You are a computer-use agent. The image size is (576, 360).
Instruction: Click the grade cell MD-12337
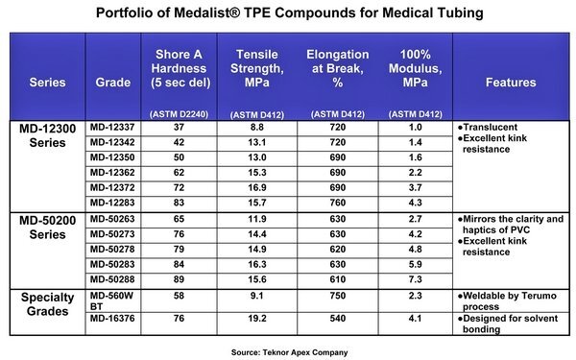112,127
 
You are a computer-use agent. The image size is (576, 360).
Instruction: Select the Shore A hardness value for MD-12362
179,172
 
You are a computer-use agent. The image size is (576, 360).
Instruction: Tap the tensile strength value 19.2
256,318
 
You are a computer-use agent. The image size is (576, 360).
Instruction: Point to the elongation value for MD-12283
338,203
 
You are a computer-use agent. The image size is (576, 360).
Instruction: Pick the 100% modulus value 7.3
415,279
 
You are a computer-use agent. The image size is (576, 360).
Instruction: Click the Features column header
511,83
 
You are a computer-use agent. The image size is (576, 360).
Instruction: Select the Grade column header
112,83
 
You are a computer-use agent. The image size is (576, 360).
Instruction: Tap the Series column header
47,83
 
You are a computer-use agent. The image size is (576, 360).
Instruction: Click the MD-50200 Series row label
47,228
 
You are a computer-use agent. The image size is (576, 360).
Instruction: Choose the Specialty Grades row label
47,304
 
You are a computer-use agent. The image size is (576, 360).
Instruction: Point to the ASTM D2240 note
179,114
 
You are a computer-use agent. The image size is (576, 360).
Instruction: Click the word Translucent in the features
490,127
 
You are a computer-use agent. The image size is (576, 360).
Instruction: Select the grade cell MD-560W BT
111,300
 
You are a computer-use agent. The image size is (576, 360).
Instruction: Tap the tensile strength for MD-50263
256,219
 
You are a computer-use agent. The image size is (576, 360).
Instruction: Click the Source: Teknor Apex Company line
290,352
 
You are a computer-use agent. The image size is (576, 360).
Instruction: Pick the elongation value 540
338,318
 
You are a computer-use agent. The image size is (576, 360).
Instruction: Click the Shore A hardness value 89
179,279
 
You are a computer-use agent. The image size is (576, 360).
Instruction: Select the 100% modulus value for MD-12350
415,157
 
